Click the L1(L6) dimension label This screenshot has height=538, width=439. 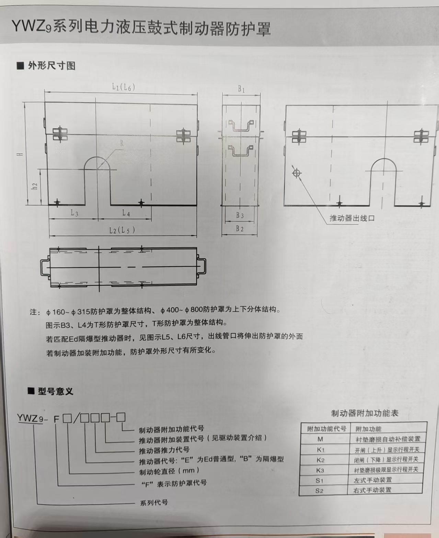[x=124, y=87]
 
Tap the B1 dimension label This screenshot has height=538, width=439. [x=241, y=89]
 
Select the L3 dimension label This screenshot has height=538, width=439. [x=74, y=213]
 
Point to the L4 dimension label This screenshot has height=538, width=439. [x=126, y=213]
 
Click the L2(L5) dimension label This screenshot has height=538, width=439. [x=122, y=230]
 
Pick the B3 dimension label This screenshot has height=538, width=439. [x=240, y=215]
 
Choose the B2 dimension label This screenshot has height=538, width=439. [x=240, y=229]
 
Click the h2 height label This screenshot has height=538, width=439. [x=35, y=186]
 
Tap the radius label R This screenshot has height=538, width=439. [x=122, y=143]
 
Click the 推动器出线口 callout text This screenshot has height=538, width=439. [x=352, y=218]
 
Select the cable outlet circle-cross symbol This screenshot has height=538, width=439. [x=296, y=174]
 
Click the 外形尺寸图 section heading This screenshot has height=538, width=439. [x=52, y=66]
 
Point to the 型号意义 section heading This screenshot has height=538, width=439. [x=56, y=391]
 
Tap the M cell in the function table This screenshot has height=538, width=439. [x=320, y=439]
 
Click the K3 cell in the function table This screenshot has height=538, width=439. [x=320, y=470]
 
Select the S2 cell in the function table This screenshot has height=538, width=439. [x=319, y=491]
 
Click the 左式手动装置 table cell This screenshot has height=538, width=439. [x=373, y=480]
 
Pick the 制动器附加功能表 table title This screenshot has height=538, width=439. [x=365, y=413]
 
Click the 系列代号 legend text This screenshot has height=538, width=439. [x=154, y=503]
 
